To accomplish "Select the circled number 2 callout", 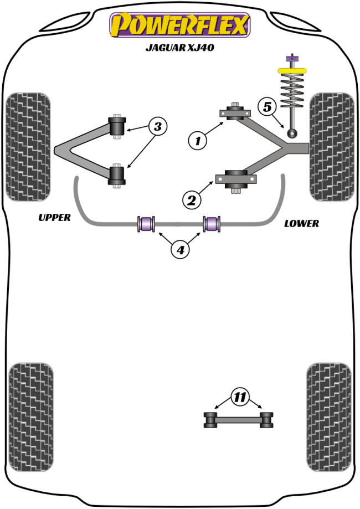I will click(192, 200).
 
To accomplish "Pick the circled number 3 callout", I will click(158, 127).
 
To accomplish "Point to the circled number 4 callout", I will click(180, 250).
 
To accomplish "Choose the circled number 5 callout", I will click(268, 106).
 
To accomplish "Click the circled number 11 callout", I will click(239, 397).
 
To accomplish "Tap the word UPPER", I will click(54, 218).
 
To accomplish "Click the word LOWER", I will click(301, 224).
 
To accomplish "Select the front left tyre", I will click(28, 147).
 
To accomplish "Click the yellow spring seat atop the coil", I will click(291, 70).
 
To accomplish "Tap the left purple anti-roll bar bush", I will click(147, 223).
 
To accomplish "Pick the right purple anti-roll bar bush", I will click(213, 223).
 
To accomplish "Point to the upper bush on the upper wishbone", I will click(117, 126).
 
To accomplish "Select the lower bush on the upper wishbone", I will click(117, 176).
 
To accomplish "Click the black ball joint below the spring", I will click(292, 133).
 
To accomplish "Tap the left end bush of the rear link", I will click(210, 419).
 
